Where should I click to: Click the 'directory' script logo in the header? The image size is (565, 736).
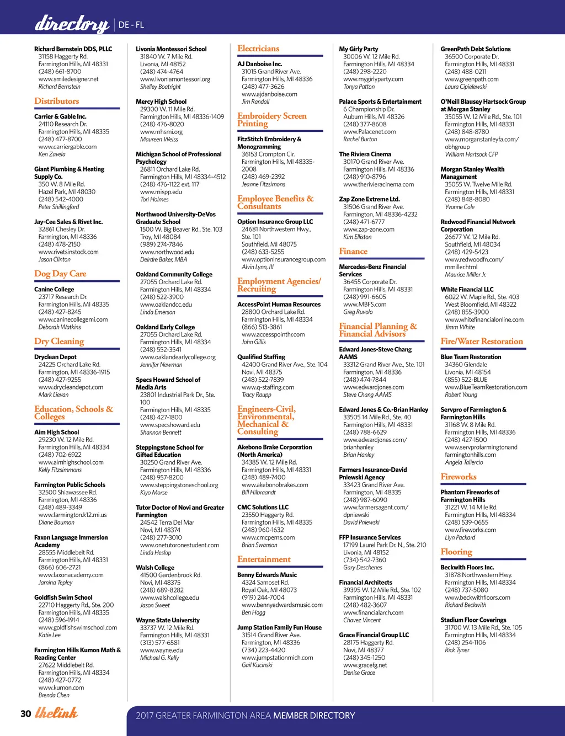tap(72, 24)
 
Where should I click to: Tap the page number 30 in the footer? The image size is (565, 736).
tap(25, 713)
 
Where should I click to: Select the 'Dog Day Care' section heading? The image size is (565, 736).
tap(60, 274)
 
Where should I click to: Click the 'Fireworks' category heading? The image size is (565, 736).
tap(458, 477)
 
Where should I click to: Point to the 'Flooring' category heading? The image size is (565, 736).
tap(456, 552)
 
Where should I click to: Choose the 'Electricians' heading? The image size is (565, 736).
tap(258, 49)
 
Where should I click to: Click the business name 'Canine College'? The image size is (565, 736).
tap(54, 289)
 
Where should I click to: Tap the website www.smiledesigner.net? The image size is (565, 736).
tap(68, 79)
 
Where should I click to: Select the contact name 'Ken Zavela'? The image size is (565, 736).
tap(52, 154)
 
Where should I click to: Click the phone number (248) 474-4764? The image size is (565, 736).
tap(162, 72)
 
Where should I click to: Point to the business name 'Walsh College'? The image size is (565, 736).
tap(155, 567)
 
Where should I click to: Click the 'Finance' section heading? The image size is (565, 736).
tap(353, 251)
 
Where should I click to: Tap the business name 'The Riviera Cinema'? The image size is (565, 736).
tap(365, 154)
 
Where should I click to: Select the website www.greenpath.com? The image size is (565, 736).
tap(472, 79)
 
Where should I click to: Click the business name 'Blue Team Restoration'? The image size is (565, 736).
tap(471, 357)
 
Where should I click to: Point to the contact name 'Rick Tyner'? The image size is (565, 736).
tap(457, 650)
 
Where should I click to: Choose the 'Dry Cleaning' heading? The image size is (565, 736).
tap(59, 342)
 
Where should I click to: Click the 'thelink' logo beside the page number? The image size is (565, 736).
tap(56, 713)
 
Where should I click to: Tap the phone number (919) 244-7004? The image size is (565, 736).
tap(263, 598)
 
